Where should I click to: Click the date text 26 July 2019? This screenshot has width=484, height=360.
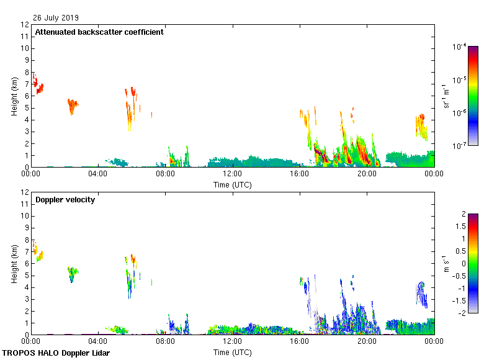coord(56,18)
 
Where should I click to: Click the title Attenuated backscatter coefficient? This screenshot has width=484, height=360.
coord(99,32)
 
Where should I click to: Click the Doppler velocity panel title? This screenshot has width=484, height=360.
coord(65,200)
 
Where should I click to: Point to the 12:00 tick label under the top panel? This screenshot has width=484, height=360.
coord(232,174)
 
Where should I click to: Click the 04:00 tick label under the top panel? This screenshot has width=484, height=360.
coord(98,174)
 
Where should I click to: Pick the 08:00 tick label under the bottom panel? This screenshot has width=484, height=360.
coord(165,341)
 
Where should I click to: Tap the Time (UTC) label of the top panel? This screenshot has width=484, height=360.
coord(233,184)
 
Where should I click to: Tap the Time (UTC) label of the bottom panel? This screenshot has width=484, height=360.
coord(233,352)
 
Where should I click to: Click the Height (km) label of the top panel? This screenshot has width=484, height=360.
coord(14,96)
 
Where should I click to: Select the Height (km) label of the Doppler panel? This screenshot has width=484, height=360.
coord(14,263)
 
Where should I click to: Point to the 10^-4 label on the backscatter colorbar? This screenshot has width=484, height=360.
coord(460,47)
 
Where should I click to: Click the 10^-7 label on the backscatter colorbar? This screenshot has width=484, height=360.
coord(460,146)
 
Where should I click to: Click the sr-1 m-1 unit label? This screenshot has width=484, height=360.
coord(447,96)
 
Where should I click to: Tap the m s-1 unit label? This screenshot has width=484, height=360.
coord(447,263)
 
